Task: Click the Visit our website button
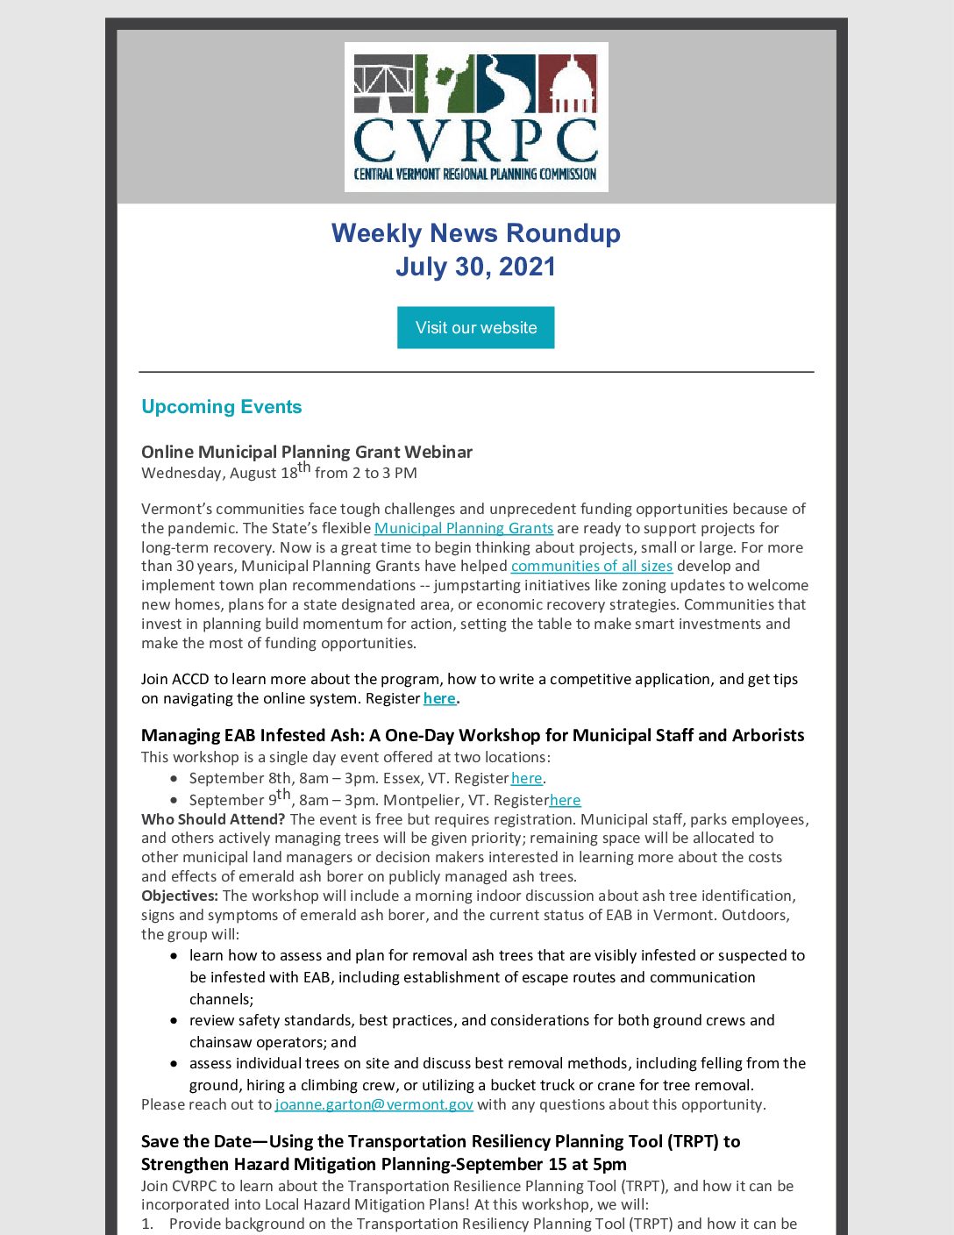(475, 327)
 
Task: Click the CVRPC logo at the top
(476, 117)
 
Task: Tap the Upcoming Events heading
(221, 407)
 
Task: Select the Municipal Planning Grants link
(463, 528)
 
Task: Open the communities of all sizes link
(592, 567)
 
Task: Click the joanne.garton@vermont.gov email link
(374, 1105)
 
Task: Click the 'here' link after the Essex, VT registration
(526, 779)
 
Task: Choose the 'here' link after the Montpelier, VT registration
(565, 800)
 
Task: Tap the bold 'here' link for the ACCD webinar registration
(439, 699)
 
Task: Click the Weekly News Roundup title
(476, 233)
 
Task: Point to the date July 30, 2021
(476, 267)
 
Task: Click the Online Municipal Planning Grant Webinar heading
(307, 452)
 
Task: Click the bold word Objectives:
(180, 896)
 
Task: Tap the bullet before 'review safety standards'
(174, 1021)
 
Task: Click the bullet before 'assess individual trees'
(174, 1064)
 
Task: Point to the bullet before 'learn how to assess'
(174, 956)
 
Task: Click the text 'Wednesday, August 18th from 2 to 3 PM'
(279, 473)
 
